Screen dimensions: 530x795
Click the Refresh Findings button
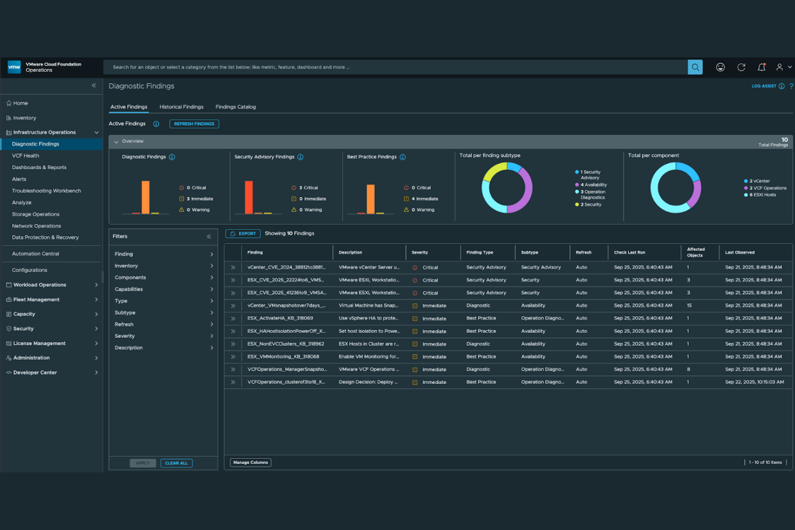click(x=194, y=124)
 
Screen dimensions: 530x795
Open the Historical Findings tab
click(x=181, y=107)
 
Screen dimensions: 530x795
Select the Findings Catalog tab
click(x=235, y=107)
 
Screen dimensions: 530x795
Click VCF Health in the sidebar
click(x=25, y=156)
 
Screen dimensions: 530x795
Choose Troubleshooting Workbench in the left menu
click(x=46, y=191)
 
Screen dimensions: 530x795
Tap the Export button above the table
click(x=243, y=234)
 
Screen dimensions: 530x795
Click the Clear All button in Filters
click(x=176, y=463)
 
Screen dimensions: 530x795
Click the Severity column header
click(x=420, y=252)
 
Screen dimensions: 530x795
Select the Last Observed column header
click(x=740, y=252)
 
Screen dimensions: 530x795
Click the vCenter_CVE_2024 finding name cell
click(x=286, y=267)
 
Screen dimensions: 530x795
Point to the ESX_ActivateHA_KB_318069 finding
click(x=280, y=318)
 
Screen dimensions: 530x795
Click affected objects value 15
click(x=689, y=306)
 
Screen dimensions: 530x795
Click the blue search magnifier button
click(x=695, y=67)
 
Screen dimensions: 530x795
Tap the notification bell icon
click(x=761, y=67)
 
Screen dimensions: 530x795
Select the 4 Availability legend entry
click(x=593, y=185)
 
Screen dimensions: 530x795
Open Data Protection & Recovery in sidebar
click(x=45, y=237)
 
